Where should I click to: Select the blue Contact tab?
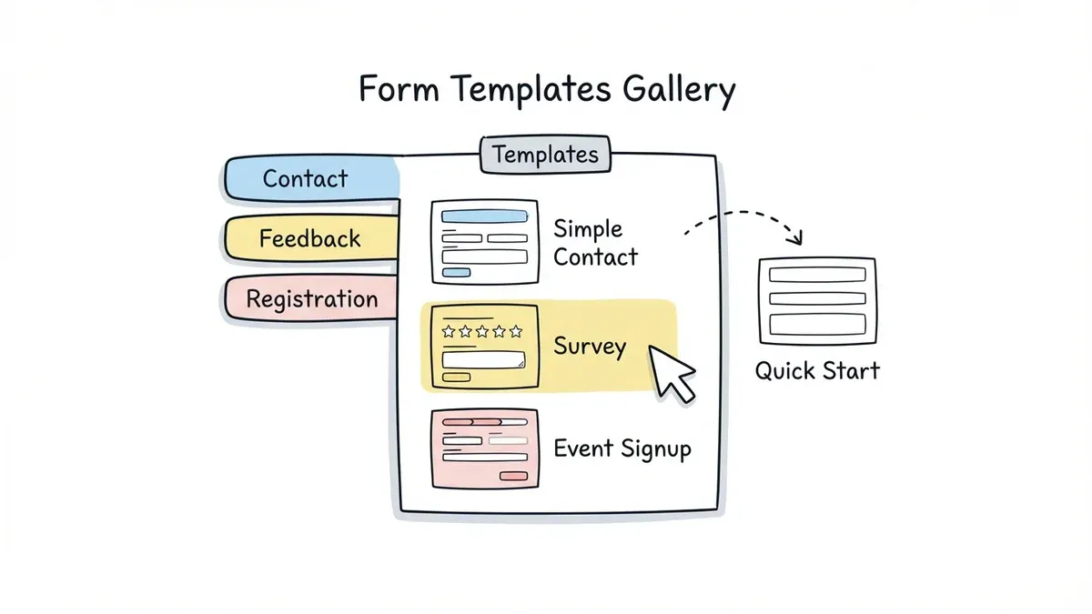(306, 178)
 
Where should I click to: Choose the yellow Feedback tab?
(309, 239)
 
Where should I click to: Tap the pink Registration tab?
(311, 299)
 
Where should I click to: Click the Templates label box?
(545, 154)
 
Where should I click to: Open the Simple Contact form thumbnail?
(483, 242)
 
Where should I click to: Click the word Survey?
(590, 347)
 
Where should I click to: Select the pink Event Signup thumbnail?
(483, 449)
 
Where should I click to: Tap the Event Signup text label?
(622, 448)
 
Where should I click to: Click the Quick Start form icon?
(816, 300)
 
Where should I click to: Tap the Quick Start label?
(817, 370)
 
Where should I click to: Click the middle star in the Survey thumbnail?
(482, 332)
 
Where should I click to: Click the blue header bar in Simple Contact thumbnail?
(483, 216)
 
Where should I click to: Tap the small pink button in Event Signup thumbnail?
(513, 476)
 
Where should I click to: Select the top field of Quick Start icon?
(816, 275)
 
